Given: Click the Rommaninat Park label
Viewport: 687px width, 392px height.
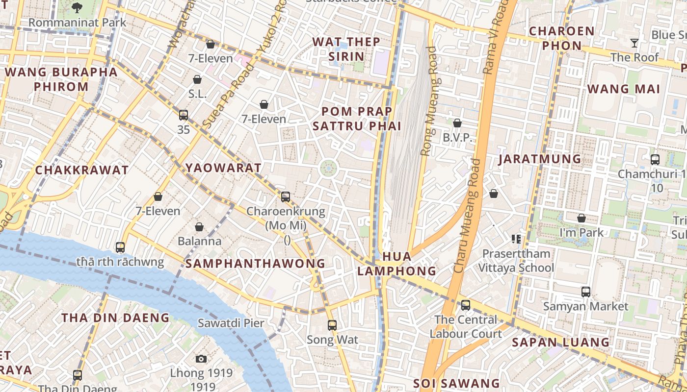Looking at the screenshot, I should [77, 23].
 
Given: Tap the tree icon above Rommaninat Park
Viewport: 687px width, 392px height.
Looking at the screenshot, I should [77, 7].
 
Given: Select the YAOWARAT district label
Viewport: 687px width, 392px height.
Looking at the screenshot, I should [223, 168].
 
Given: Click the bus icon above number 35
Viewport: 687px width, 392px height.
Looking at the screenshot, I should [184, 115].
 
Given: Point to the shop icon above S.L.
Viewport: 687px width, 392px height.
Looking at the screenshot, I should [197, 79].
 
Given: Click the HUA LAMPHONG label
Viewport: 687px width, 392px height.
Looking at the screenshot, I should [396, 264].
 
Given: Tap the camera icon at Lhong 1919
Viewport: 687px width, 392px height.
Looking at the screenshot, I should [201, 359].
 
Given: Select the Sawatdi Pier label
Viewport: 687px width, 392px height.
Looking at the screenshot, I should [231, 323].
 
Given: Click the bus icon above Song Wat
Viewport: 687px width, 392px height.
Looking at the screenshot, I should [332, 325].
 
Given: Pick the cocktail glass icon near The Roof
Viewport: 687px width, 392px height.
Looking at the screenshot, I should [634, 43].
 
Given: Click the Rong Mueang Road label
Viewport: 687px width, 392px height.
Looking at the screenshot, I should [429, 101].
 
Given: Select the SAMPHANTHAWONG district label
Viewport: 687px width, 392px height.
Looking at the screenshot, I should [255, 264].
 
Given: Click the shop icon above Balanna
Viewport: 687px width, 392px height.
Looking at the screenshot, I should [199, 227].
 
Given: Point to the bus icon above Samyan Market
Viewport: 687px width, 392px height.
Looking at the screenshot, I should [585, 292].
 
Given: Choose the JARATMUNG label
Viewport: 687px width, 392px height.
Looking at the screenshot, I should [540, 159].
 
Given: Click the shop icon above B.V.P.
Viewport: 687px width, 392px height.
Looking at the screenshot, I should [457, 123].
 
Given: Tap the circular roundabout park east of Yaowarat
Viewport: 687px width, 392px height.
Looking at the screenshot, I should [328, 169].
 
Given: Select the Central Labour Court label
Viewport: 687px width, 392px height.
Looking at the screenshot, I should [466, 327].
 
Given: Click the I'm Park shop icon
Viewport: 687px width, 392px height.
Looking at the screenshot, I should [581, 218].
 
